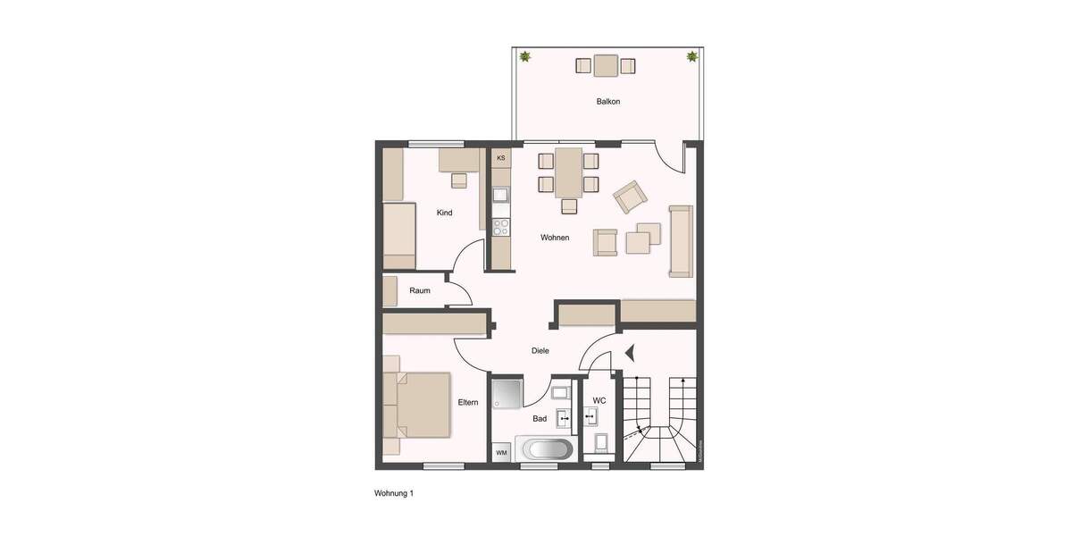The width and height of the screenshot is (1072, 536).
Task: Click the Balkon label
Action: [x=608, y=102]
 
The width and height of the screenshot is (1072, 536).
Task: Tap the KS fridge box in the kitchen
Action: [x=501, y=158]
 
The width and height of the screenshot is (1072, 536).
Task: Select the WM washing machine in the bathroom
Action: [x=502, y=453]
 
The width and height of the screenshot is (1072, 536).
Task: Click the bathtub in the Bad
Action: [x=546, y=449]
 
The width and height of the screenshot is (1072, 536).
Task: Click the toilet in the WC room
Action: [x=599, y=442]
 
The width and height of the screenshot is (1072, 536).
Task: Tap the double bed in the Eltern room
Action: [x=418, y=406]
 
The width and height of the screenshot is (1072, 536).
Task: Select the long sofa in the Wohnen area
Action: [x=681, y=240]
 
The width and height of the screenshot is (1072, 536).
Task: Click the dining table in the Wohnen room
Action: [x=568, y=172]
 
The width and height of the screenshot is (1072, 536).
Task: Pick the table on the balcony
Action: [x=606, y=65]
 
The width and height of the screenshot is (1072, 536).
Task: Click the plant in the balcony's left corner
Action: [x=525, y=57]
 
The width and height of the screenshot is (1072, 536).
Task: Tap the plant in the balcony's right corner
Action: [x=691, y=57]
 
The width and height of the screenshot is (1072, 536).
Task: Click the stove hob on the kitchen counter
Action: [x=501, y=226]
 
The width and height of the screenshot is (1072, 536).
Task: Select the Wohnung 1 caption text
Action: [x=394, y=493]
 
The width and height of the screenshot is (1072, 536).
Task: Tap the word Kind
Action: [x=444, y=213]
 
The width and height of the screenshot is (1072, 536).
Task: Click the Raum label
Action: [x=420, y=291]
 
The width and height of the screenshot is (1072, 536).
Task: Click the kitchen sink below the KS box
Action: [x=501, y=194]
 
